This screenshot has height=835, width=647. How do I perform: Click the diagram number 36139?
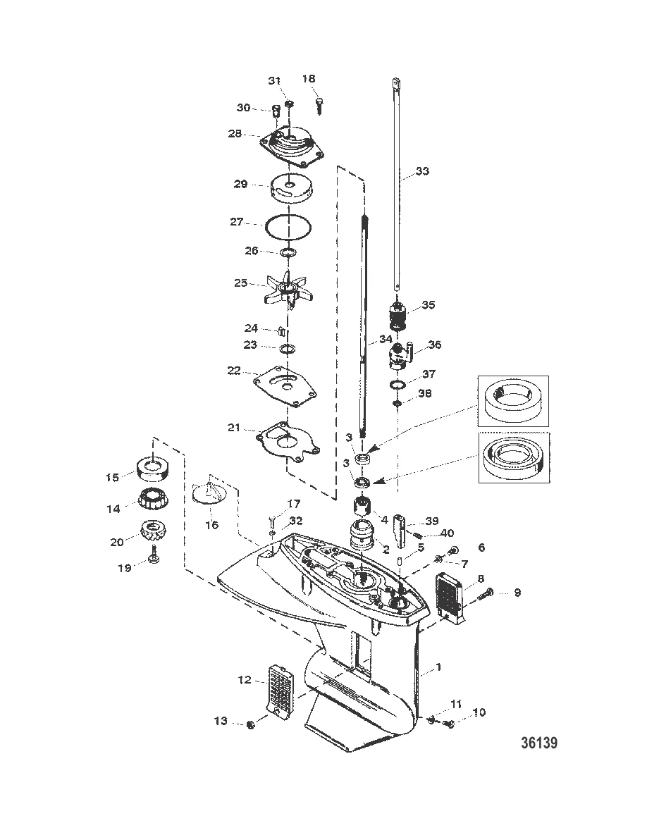(539, 743)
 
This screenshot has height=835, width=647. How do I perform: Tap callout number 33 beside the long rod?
(421, 171)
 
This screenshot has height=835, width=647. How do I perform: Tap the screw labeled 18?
(319, 104)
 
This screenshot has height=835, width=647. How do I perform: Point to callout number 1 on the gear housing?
(438, 667)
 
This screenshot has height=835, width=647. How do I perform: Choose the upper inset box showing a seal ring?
(513, 401)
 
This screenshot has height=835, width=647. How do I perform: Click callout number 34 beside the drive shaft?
(386, 339)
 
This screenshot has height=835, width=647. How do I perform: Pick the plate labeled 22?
(286, 386)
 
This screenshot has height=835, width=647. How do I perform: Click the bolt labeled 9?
(487, 593)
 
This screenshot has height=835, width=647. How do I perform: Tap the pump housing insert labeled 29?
(291, 189)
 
